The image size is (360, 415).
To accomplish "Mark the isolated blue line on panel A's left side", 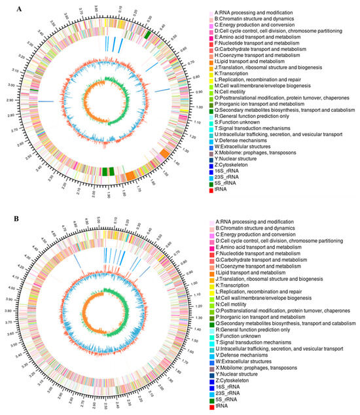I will coord(46,101).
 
